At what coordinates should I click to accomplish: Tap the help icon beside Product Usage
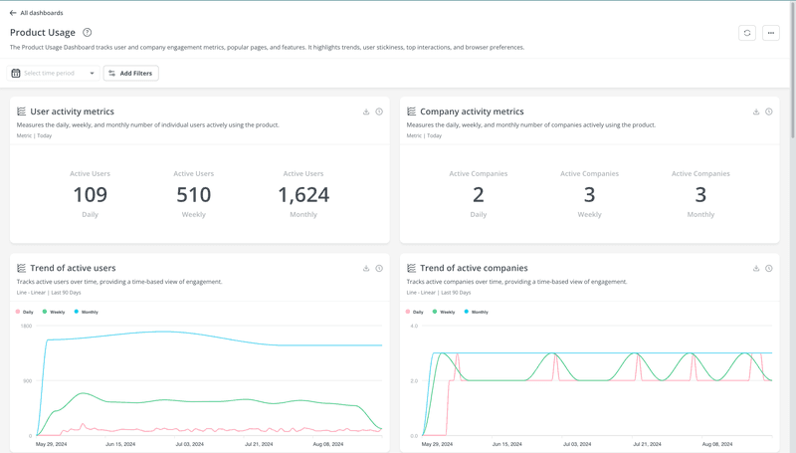[x=88, y=33]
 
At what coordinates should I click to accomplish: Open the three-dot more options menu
[x=770, y=33]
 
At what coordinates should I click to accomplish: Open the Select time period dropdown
[x=55, y=73]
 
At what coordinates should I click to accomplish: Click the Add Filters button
[x=131, y=73]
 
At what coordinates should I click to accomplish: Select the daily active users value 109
[x=90, y=195]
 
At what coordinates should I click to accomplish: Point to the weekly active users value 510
[x=193, y=195]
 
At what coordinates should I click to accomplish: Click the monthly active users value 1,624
[x=303, y=195]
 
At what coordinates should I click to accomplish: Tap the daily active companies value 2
[x=479, y=195]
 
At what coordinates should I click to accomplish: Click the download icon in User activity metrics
[x=366, y=112]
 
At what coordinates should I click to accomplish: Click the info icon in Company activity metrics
[x=768, y=112]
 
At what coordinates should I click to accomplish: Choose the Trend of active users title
[x=73, y=268]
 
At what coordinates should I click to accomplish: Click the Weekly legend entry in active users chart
[x=55, y=312]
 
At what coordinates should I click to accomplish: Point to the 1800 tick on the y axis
[x=25, y=327]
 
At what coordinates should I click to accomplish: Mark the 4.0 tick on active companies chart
[x=413, y=327]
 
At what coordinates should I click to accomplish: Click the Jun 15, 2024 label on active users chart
[x=119, y=444]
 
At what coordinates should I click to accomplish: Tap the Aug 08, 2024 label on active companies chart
[x=717, y=444]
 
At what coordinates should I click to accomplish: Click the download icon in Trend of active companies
[x=756, y=268]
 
